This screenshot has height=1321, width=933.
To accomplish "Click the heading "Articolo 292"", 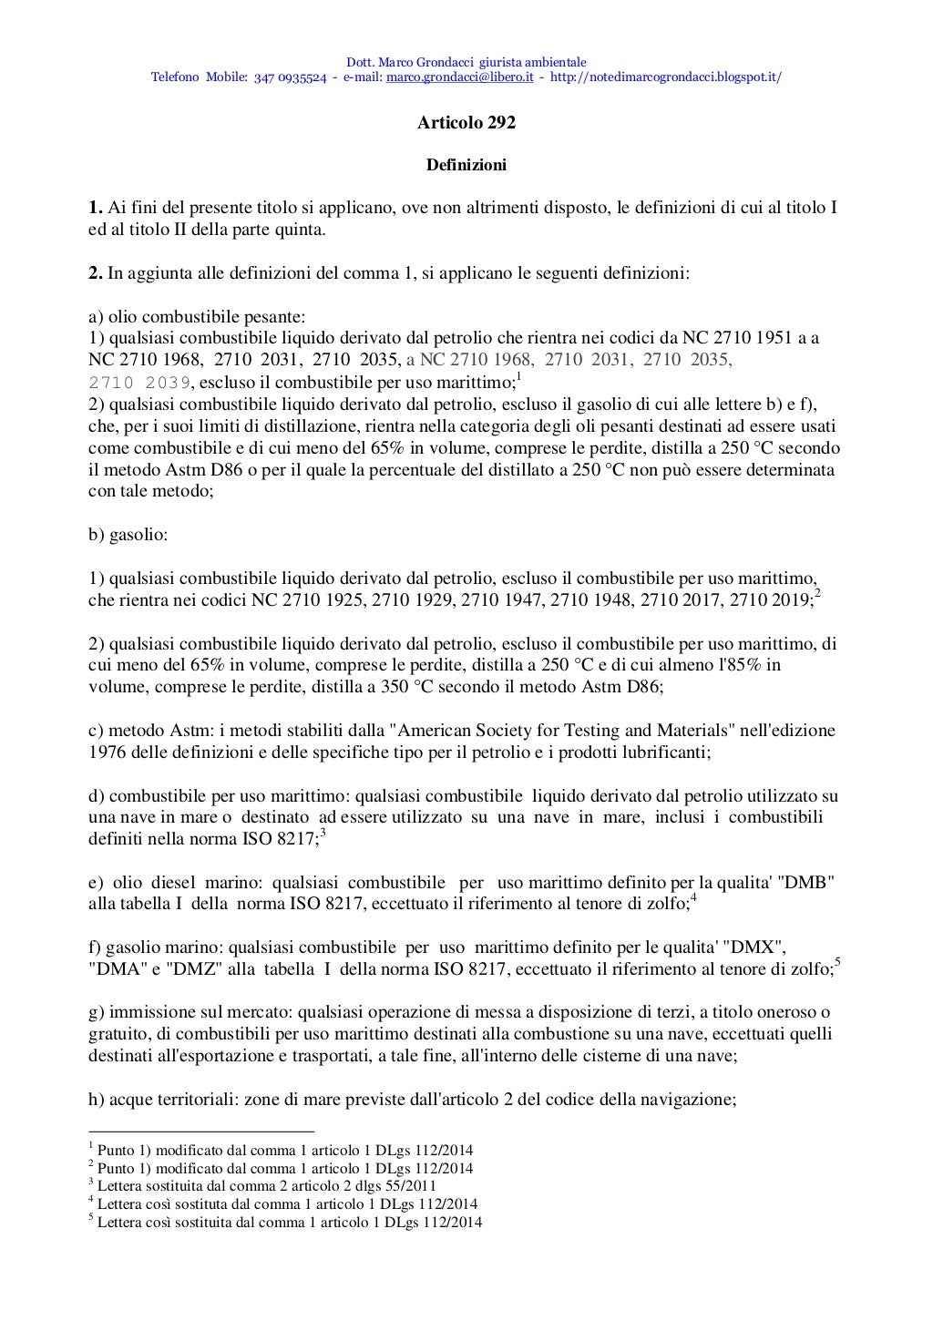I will pos(466,122).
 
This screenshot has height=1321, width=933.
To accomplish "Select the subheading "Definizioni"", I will pos(466,165).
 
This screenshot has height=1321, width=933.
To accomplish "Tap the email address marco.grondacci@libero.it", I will pos(459,77).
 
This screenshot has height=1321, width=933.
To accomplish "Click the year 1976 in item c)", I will pos(107,753).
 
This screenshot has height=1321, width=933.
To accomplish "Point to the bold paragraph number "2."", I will pos(95,272).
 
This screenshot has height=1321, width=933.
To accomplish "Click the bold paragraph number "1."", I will pos(95,208).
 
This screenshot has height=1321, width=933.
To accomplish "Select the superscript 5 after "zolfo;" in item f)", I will pos(837,963).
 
